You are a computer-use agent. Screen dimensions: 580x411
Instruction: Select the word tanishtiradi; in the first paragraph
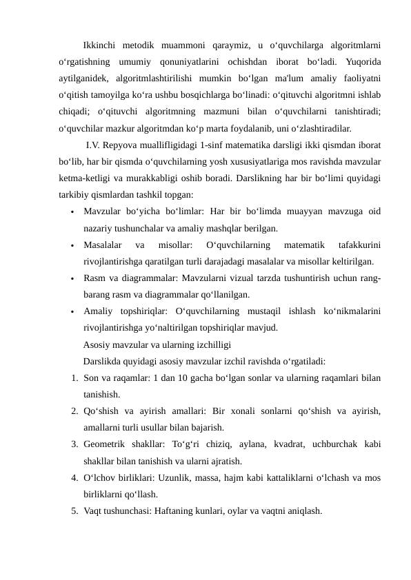pyautogui.click(x=357, y=112)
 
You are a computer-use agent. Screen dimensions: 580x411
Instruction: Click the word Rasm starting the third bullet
pyautogui.click(x=94, y=278)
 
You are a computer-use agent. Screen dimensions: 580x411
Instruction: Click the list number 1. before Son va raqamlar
pyautogui.click(x=74, y=377)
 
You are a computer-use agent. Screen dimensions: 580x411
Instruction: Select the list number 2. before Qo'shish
pyautogui.click(x=74, y=411)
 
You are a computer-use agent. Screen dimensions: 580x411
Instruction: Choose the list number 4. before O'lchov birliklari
pyautogui.click(x=74, y=477)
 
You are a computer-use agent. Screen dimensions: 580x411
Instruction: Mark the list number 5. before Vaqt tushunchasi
pyautogui.click(x=74, y=510)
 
